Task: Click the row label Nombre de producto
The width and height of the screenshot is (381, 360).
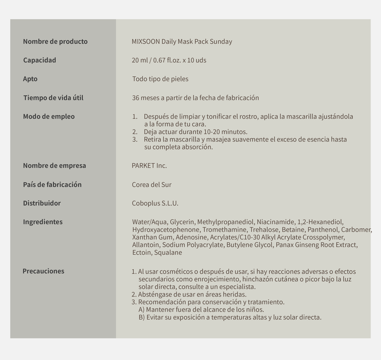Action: click(55, 41)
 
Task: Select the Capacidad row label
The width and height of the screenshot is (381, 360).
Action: click(40, 60)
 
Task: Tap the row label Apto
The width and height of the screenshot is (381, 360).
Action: click(30, 79)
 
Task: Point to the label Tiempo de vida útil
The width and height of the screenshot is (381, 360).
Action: click(57, 98)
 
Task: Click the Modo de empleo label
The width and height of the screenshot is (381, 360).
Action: click(49, 116)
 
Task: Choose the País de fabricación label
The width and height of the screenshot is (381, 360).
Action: click(52, 184)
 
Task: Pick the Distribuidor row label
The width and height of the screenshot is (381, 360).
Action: click(42, 203)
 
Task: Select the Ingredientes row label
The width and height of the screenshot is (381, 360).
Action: click(43, 222)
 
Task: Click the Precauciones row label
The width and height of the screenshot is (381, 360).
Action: click(43, 271)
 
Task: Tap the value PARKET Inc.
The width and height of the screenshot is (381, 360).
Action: click(149, 166)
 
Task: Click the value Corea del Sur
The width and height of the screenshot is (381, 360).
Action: click(151, 185)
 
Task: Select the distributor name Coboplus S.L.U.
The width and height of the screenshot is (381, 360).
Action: click(155, 203)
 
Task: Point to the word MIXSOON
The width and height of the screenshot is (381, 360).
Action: click(146, 41)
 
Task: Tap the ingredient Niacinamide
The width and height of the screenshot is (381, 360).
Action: click(276, 222)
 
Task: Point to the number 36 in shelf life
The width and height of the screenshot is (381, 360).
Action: click(136, 98)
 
